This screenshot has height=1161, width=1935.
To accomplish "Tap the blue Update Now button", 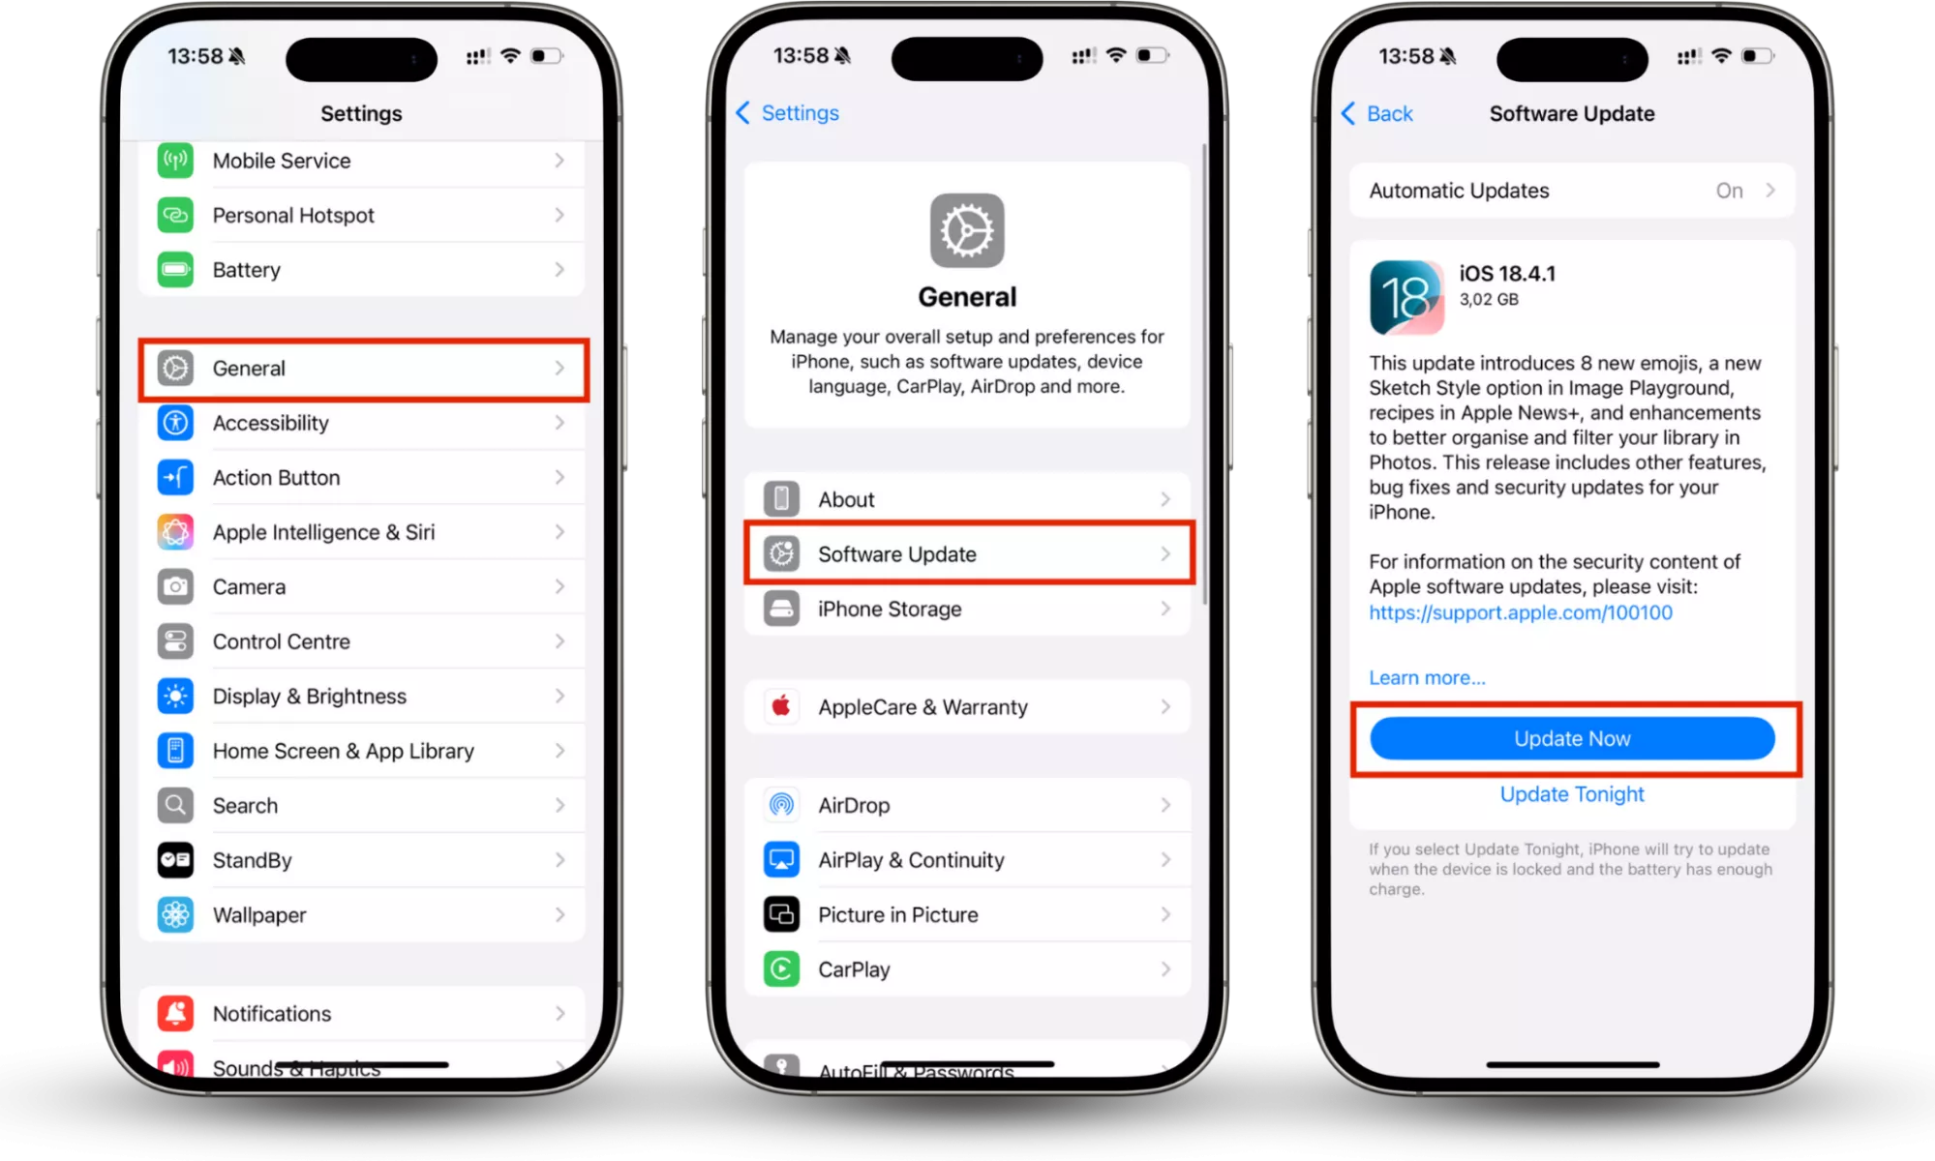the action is [x=1572, y=738].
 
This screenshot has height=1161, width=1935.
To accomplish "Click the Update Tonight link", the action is [x=1572, y=794].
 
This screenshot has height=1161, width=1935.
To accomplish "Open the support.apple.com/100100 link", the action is [x=1520, y=612].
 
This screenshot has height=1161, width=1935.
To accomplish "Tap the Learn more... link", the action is [x=1427, y=677].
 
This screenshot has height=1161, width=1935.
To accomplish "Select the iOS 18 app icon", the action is [x=1406, y=297].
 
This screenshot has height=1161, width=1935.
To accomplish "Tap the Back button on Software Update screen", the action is [x=1376, y=113].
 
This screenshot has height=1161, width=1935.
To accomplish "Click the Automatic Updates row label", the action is [x=1459, y=191].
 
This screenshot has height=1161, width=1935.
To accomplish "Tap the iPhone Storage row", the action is [x=969, y=609].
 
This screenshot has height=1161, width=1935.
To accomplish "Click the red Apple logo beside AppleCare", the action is [x=781, y=706].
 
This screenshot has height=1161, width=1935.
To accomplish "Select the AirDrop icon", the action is [x=781, y=805].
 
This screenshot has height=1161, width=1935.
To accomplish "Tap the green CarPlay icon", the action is [x=781, y=968].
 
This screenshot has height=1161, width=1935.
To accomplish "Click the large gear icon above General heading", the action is [x=967, y=230].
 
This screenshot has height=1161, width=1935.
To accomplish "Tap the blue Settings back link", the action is [x=787, y=113].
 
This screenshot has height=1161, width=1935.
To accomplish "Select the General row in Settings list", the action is [x=363, y=369].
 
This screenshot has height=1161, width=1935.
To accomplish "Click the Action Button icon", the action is [x=175, y=477].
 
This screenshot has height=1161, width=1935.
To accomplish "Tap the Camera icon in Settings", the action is [x=175, y=586].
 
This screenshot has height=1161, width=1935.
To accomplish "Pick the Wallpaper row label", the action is [x=259, y=914].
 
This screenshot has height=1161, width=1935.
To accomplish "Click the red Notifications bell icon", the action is [x=175, y=1013].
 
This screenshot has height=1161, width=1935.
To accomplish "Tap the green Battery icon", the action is [x=175, y=269].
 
